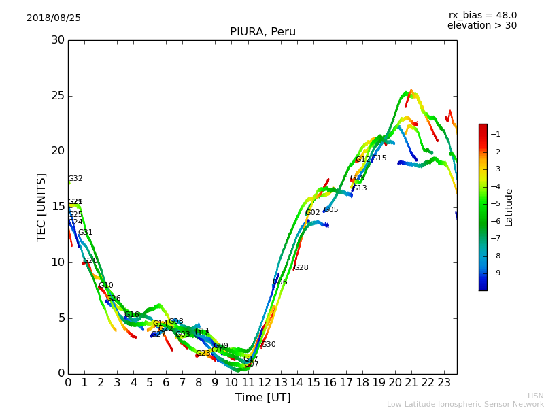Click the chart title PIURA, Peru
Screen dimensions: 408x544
tap(262, 32)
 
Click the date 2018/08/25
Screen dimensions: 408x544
tap(54, 18)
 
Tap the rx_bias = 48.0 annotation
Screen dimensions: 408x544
tap(482, 15)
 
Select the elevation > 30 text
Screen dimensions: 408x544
tap(481, 26)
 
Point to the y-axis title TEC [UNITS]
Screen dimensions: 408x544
tap(41, 207)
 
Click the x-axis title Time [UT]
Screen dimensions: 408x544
tap(262, 397)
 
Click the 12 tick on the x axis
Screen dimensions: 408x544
tap(264, 382)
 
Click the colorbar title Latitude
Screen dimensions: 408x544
tap(509, 207)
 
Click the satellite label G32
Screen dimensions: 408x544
tap(75, 179)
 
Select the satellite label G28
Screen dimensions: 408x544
tap(301, 268)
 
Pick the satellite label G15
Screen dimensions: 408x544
tap(379, 158)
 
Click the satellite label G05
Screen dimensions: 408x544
tap(331, 210)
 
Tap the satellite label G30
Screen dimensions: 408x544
tap(269, 345)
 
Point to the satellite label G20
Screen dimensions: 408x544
tap(90, 261)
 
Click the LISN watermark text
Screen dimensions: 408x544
tap(536, 396)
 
